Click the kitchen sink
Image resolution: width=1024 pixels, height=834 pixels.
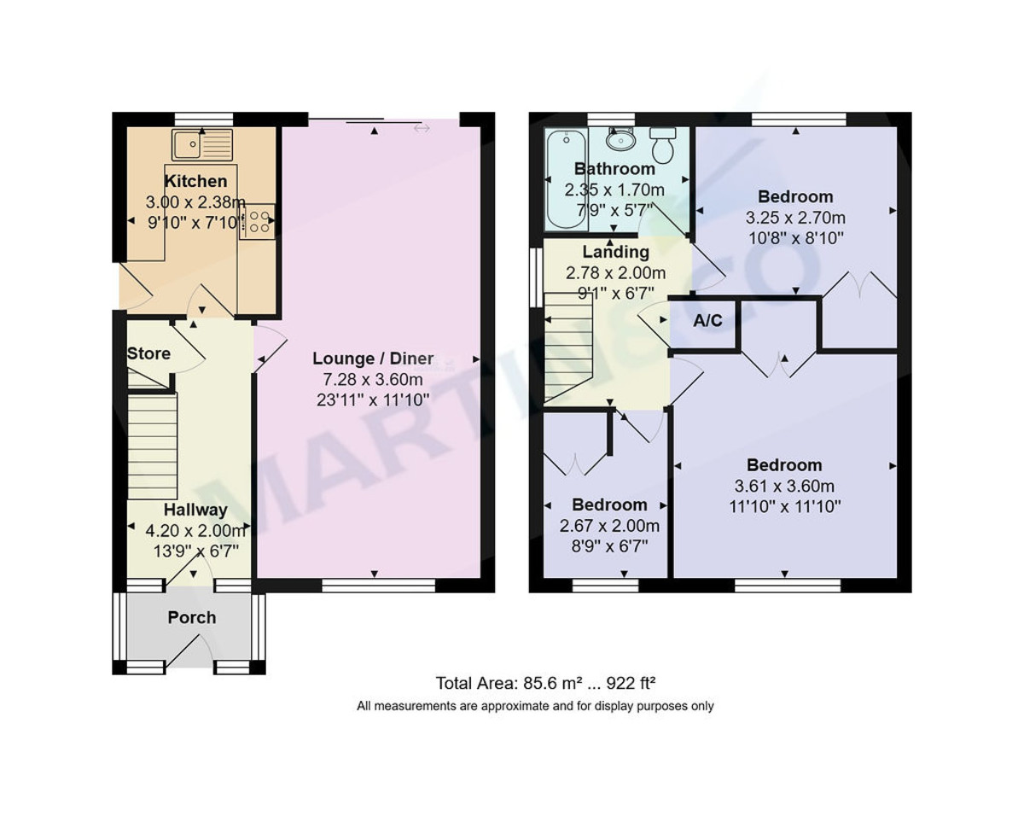point(201,144)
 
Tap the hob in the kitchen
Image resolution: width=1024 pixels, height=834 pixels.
point(258,221)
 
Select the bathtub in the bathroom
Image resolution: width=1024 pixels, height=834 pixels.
point(566,179)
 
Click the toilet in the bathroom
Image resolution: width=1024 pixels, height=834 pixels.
point(662,144)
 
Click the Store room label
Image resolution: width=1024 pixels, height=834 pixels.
point(148,353)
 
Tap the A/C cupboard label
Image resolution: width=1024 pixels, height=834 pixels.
point(707,321)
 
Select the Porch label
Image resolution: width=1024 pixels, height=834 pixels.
point(191,617)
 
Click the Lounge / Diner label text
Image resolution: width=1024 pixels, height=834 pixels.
point(373,359)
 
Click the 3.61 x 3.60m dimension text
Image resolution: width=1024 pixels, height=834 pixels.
point(784,487)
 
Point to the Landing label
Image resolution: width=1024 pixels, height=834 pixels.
point(615,253)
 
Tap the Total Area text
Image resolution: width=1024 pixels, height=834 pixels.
point(545,683)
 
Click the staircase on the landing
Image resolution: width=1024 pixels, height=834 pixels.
point(568,347)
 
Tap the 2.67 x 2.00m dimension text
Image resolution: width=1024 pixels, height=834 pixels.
point(609,526)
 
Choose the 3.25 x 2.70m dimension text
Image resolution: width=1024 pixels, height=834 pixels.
point(795,218)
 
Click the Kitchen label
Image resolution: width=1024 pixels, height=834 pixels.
point(195,181)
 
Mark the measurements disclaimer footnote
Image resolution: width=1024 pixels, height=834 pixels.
point(535,706)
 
